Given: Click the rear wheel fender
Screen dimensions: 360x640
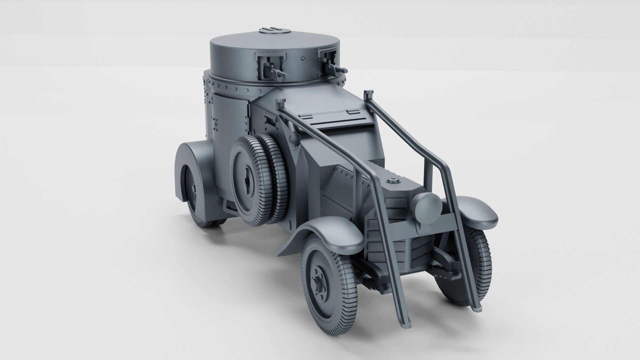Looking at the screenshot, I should coord(192,167).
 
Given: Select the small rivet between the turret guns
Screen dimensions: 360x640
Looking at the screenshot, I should coord(302,58).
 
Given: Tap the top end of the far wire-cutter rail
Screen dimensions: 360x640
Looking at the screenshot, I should coord(368,93).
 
